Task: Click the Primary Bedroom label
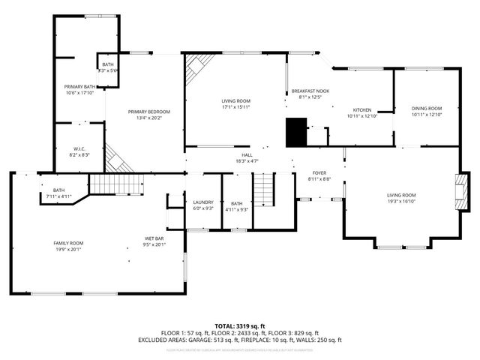pos(144,111)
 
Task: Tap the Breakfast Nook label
pos(310,90)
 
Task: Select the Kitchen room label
pos(362,109)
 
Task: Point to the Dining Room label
pos(427,109)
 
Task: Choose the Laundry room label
pos(203,202)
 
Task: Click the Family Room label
pos(68,243)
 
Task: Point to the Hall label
pos(247,154)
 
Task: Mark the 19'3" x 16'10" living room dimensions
pos(401,202)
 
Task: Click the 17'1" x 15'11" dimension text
pos(235,107)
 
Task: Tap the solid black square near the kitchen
pos(297,132)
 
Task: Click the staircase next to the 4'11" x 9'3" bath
pos(263,191)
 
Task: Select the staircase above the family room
pos(115,184)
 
